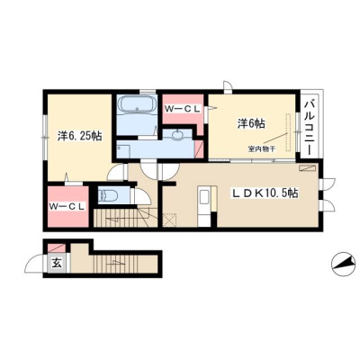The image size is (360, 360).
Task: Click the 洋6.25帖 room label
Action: pos(79,137)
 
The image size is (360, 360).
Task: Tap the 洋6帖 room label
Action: pos(251,123)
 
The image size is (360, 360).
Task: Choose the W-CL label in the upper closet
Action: pos(183,110)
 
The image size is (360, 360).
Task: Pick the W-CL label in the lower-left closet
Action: pos(67,206)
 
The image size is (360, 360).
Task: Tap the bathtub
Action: pos(137,105)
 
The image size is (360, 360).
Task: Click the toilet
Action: pos(107,196)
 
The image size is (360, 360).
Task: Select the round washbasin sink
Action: pos(178,135)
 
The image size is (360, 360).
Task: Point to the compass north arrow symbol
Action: pos(341,264)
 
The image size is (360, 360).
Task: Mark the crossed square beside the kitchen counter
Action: pos(170,220)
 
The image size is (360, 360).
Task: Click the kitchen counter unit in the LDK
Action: pos(207,206)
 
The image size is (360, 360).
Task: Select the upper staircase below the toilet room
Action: pos(125,217)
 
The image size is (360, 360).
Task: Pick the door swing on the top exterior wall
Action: pos(228,85)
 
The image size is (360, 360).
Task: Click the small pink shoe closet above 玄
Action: pos(57,248)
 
